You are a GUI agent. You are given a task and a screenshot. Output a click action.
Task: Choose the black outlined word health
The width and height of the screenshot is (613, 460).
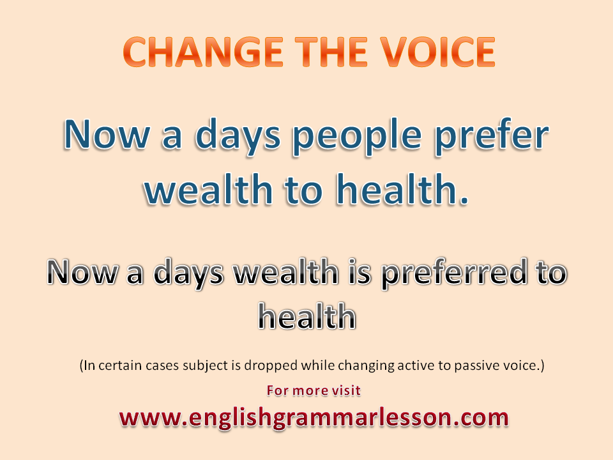pyautogui.click(x=306, y=316)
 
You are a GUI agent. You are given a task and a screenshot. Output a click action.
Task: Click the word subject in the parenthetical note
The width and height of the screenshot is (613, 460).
pyautogui.click(x=225, y=367)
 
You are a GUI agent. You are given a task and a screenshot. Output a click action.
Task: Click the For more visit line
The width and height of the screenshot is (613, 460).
pyautogui.click(x=313, y=390)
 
